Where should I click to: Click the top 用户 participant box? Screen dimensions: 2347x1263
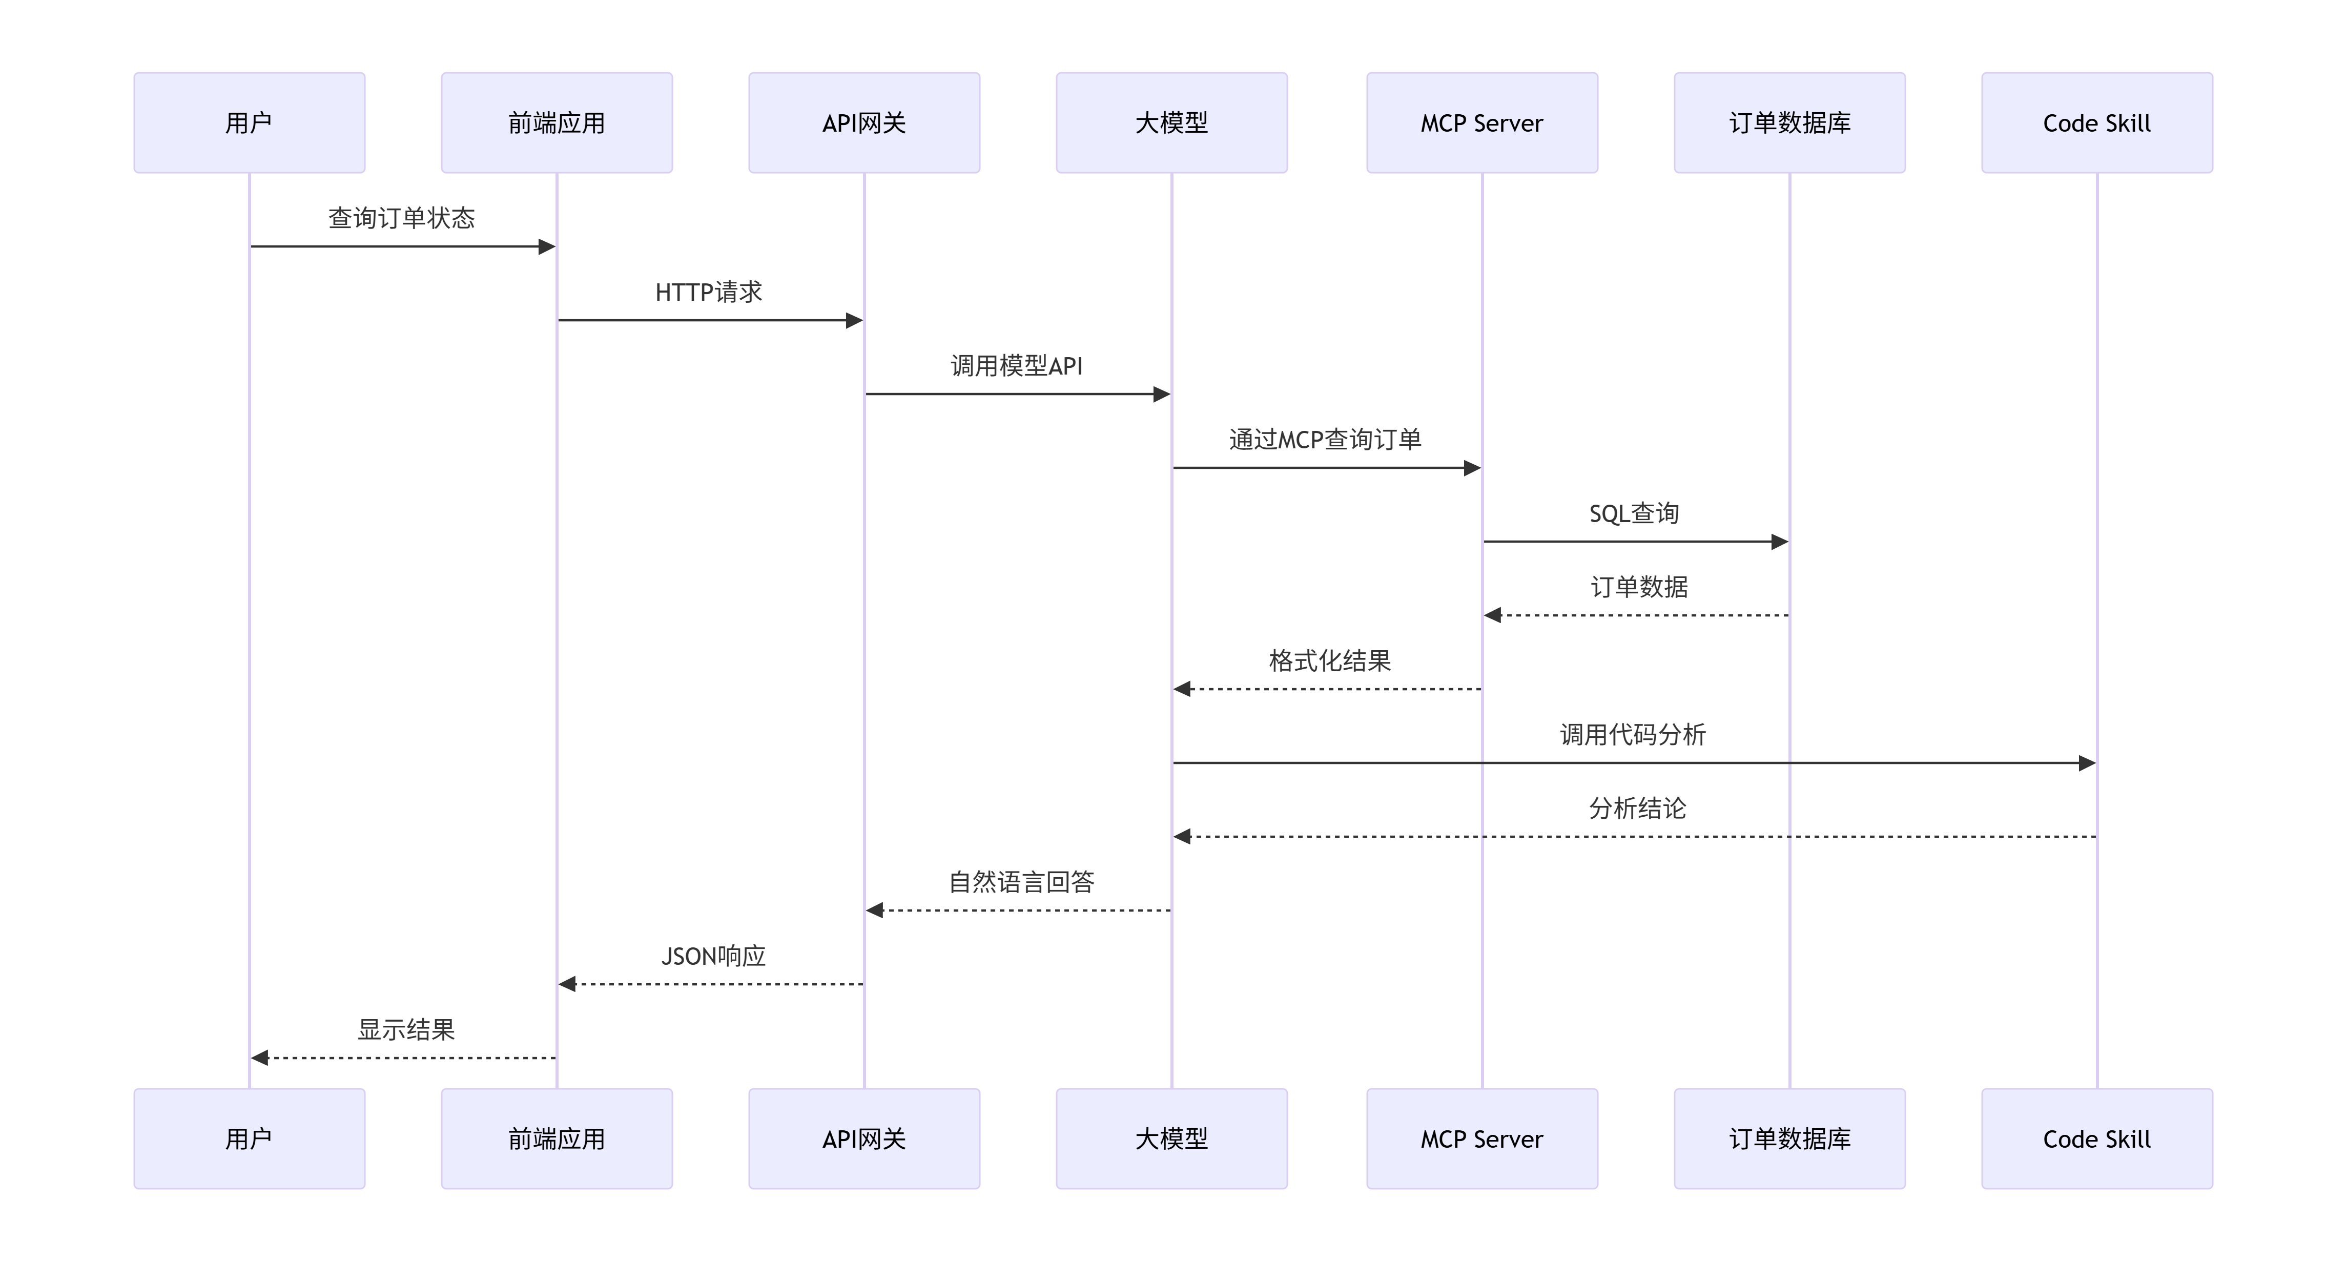(x=250, y=123)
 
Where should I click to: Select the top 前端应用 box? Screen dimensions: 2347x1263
(x=557, y=123)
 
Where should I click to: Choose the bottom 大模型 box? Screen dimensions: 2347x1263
(x=1171, y=1138)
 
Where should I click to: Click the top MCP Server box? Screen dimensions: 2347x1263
(x=1483, y=123)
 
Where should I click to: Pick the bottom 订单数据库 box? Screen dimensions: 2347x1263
(x=1789, y=1138)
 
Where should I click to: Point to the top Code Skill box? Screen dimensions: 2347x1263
(x=2097, y=123)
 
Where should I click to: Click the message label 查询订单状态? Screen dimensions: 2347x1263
(x=402, y=218)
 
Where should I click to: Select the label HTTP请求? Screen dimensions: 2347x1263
(x=709, y=292)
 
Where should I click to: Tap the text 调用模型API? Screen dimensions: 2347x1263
(x=1017, y=365)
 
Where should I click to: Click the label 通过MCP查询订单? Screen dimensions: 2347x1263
(x=1326, y=439)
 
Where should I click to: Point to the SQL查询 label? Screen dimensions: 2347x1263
(x=1635, y=513)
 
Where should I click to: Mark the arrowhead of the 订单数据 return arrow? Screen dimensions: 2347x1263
(x=1492, y=615)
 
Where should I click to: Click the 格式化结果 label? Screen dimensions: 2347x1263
(x=1330, y=660)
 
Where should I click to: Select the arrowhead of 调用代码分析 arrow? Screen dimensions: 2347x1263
(x=2087, y=763)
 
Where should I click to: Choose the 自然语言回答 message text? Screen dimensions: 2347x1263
(x=1021, y=882)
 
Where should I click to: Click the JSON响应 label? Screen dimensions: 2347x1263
(x=713, y=956)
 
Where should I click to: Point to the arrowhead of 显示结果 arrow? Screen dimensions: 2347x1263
(x=260, y=1058)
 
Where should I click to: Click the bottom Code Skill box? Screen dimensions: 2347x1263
(x=2097, y=1138)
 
